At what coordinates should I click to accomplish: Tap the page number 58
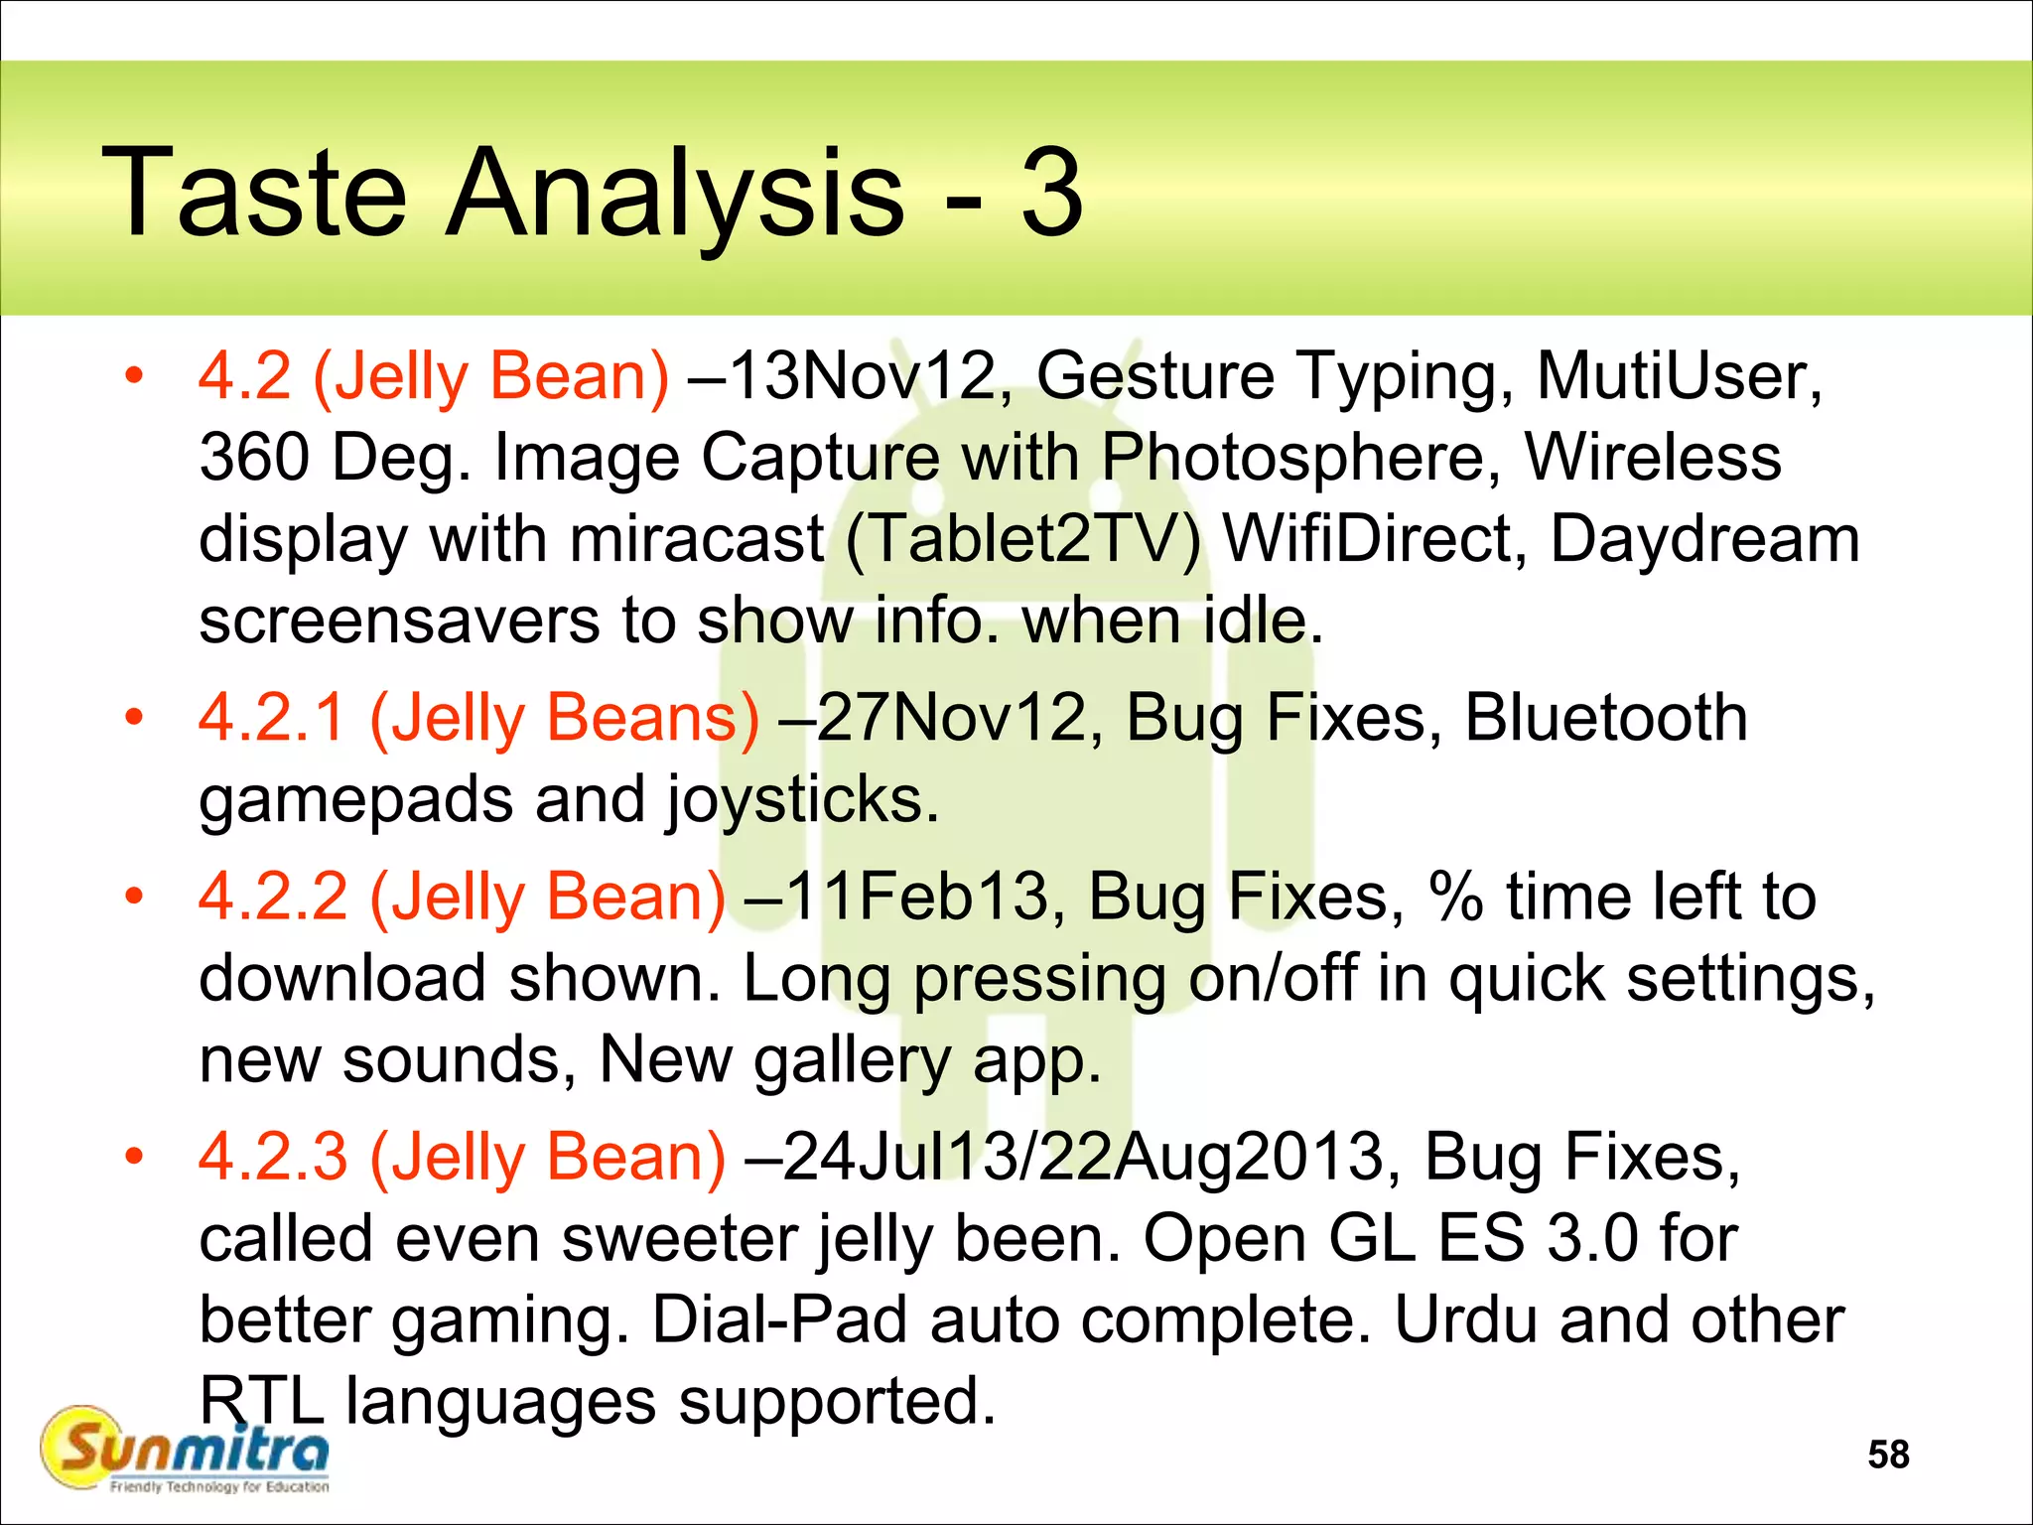pos(1887,1455)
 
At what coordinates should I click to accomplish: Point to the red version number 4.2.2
pos(273,897)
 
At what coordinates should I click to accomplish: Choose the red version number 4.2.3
pos(273,1158)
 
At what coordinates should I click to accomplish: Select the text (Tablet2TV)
pos(1023,540)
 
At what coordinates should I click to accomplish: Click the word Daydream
pos(1704,540)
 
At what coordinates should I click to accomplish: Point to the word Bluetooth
pos(1605,717)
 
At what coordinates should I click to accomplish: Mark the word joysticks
pos(801,800)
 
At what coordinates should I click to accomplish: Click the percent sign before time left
pos(1455,897)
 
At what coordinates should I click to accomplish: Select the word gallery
pos(852,1060)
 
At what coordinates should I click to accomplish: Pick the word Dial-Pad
pos(779,1320)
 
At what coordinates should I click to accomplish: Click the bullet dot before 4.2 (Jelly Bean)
pos(134,376)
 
